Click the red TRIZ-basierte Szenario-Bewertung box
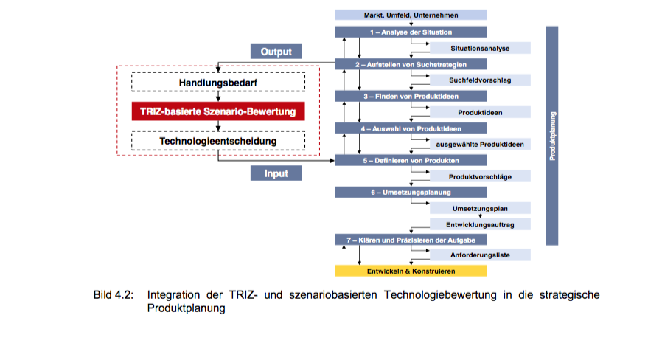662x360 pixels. [x=218, y=111]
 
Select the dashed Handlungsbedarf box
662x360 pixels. [x=218, y=83]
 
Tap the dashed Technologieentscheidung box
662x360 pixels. [x=218, y=140]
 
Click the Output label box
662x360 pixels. [x=276, y=52]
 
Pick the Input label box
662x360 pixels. [x=276, y=174]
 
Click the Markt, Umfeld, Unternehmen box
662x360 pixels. [x=411, y=15]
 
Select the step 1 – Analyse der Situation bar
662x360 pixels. [x=411, y=32]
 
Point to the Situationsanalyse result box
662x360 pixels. [x=480, y=48]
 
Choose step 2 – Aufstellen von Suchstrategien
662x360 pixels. [x=411, y=64]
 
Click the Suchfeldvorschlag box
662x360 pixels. [x=480, y=80]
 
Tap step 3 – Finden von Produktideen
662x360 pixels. [x=411, y=96]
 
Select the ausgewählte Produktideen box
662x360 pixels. [x=480, y=144]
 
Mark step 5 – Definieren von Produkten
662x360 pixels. [x=411, y=160]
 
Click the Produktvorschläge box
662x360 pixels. [x=480, y=176]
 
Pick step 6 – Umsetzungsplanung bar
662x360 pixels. [x=411, y=192]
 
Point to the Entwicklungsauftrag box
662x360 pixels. [x=480, y=224]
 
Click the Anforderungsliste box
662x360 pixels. [x=480, y=255]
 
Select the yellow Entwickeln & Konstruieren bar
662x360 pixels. [x=411, y=271]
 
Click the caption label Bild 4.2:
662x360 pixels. [x=113, y=296]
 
